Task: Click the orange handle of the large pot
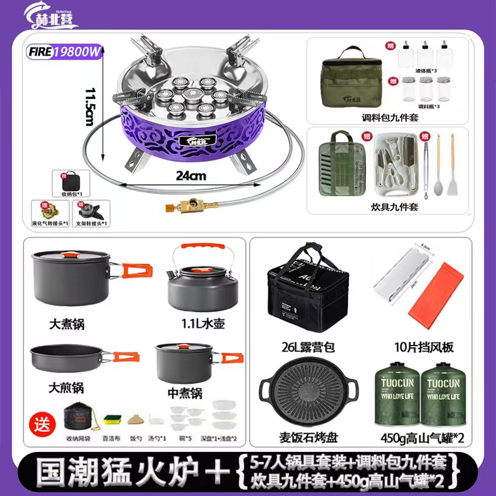click(x=138, y=271)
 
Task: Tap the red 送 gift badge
click(x=42, y=424)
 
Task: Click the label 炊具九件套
click(x=387, y=207)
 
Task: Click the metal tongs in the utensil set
click(x=427, y=165)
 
